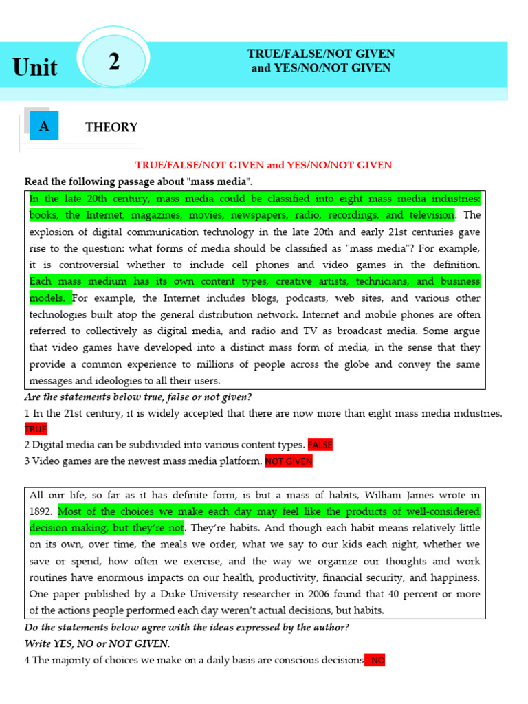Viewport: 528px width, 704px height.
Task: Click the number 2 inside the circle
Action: pos(114,62)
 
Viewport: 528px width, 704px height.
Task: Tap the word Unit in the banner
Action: pos(35,67)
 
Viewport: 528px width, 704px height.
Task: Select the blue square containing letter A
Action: pos(44,126)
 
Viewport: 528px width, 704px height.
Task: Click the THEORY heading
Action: pos(111,127)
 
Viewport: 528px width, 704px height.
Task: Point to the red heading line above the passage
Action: pos(264,165)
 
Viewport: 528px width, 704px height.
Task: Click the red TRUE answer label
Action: pos(36,429)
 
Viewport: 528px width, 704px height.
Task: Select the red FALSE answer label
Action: pos(320,445)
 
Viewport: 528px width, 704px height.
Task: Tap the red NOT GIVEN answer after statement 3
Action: pos(289,461)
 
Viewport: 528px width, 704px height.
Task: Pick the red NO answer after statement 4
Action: pos(377,660)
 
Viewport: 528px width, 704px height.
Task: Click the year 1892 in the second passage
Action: pos(42,511)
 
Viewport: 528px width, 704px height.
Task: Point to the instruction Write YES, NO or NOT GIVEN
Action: pos(97,643)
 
